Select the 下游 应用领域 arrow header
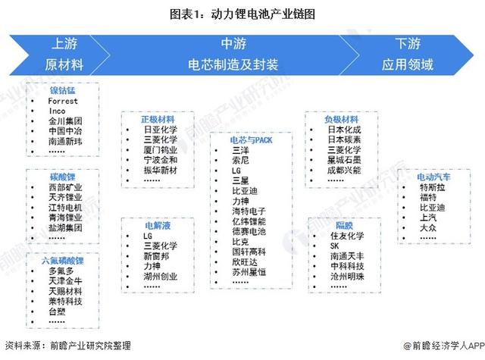pos(413,53)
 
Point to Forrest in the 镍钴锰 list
pos(62,100)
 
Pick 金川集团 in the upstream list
pos(64,120)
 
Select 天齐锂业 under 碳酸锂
pos(64,197)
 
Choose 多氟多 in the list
pos(61,271)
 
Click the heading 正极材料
pos(157,120)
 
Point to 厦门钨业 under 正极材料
pos(159,149)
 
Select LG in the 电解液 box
pos(148,236)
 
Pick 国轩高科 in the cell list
pos(248,250)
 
